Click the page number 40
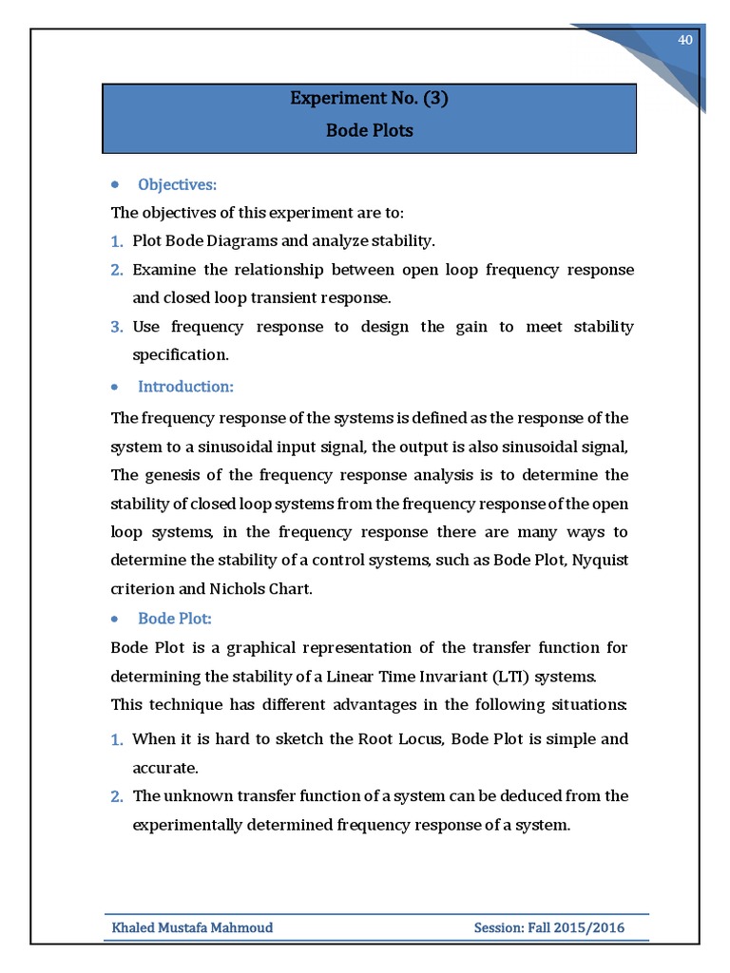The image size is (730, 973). tap(683, 39)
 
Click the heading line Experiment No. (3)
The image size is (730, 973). tap(369, 99)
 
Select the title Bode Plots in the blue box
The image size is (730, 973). tap(369, 131)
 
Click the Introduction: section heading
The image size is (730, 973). tap(185, 387)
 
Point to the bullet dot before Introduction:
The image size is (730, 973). tap(115, 388)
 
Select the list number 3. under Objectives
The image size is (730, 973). tap(117, 327)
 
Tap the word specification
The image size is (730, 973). tap(181, 355)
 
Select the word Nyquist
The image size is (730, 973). tap(604, 561)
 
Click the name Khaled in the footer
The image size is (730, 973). tap(137, 927)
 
